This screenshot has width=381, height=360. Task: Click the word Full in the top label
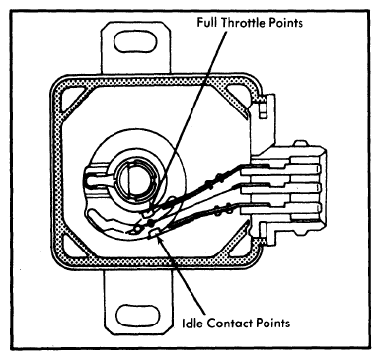(207, 22)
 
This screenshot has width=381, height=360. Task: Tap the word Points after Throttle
(286, 23)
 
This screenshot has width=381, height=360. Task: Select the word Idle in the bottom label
(192, 323)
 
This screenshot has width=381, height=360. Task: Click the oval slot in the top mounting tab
(135, 42)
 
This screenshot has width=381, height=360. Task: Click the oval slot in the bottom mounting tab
(138, 315)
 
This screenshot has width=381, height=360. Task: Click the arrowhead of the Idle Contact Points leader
(160, 240)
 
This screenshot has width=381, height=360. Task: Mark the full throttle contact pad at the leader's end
(149, 213)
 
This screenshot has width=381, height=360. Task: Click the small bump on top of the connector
(300, 143)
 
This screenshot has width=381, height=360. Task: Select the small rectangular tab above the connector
(263, 110)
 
